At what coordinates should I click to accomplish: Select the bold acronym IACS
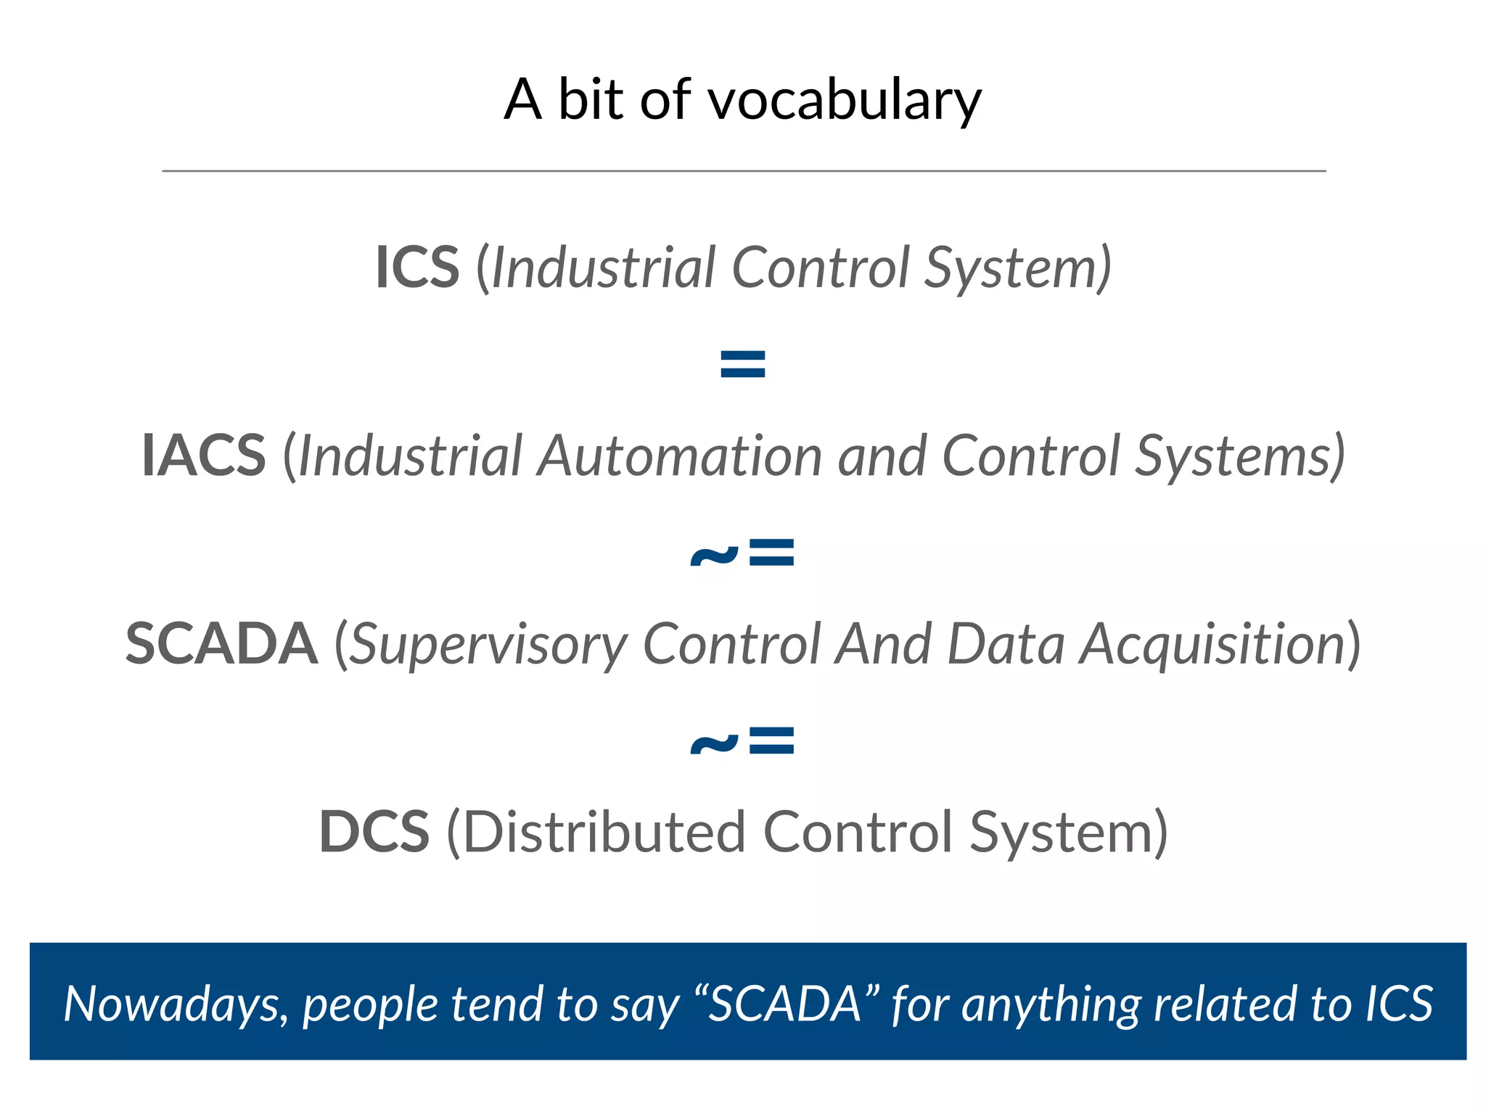pyautogui.click(x=204, y=455)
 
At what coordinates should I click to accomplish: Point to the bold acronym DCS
pyautogui.click(x=374, y=832)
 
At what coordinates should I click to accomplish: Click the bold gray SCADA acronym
pyautogui.click(x=221, y=643)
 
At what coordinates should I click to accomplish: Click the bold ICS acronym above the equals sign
pyautogui.click(x=417, y=268)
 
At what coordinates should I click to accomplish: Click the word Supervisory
pyautogui.click(x=488, y=645)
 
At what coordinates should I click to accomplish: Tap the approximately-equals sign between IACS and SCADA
pyautogui.click(x=742, y=553)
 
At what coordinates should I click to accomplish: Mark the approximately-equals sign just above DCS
pyautogui.click(x=742, y=741)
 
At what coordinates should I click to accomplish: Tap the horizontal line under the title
pyautogui.click(x=743, y=171)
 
